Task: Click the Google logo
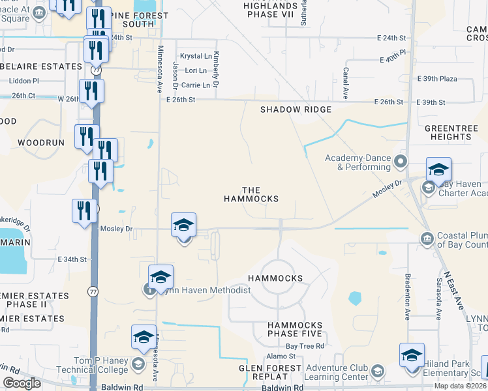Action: [22, 383]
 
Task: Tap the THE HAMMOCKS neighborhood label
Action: [251, 194]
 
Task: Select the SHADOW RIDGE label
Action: [296, 109]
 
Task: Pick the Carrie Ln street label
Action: [196, 85]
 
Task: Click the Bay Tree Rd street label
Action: [305, 347]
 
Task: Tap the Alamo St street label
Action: [282, 356]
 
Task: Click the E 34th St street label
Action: [72, 259]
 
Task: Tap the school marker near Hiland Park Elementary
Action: [412, 356]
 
